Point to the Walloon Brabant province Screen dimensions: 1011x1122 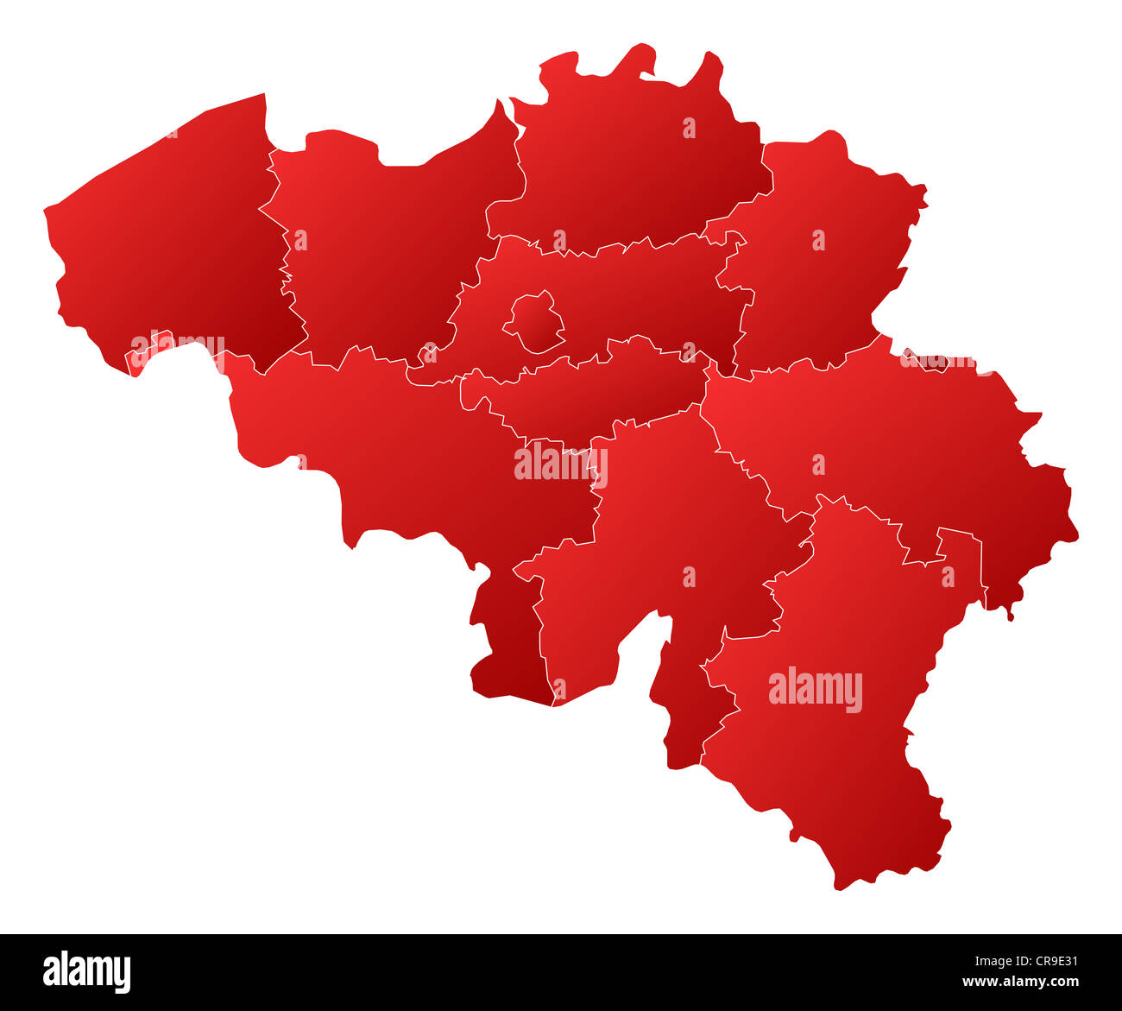click(587, 393)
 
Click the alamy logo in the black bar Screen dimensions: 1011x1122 click(87, 970)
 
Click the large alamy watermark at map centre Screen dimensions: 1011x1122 click(560, 464)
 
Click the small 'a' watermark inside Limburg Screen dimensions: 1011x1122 click(818, 240)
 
